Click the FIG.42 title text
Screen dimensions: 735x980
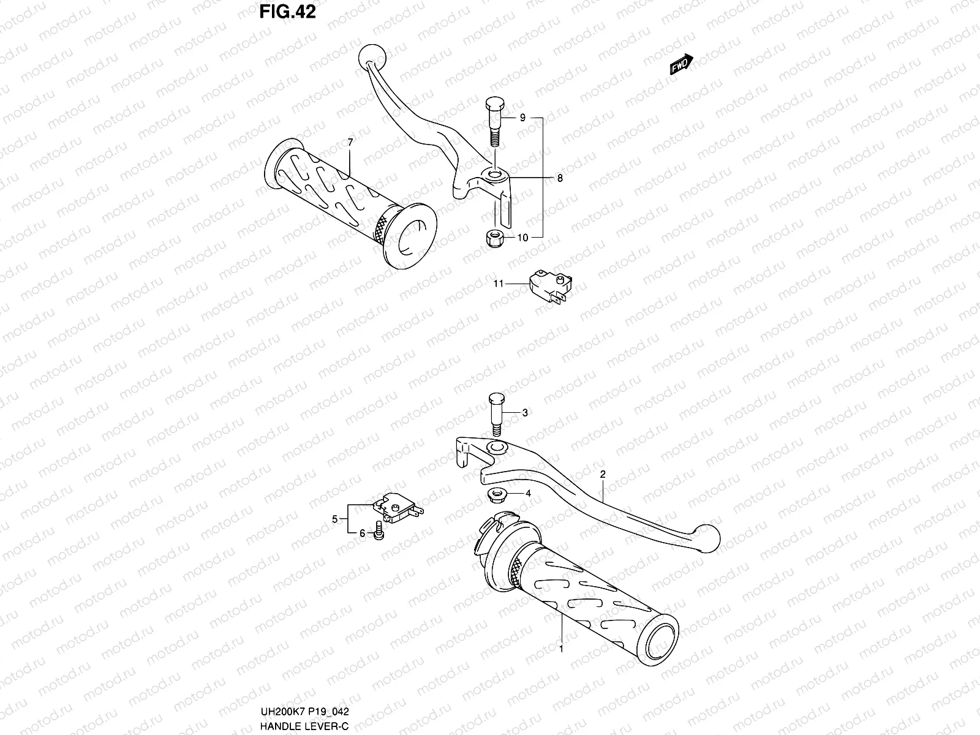coord(288,12)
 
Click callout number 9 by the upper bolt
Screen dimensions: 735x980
coord(522,118)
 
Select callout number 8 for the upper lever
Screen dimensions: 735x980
coord(559,178)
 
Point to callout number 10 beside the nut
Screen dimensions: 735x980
coord(522,238)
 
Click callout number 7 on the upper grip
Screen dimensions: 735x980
coord(350,142)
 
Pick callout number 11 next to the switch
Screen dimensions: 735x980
coord(499,284)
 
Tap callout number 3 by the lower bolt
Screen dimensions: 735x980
coord(524,413)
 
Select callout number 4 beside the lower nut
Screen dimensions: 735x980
coord(527,493)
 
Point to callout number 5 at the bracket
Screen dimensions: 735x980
coord(335,519)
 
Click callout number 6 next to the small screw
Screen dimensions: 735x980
coord(362,533)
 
